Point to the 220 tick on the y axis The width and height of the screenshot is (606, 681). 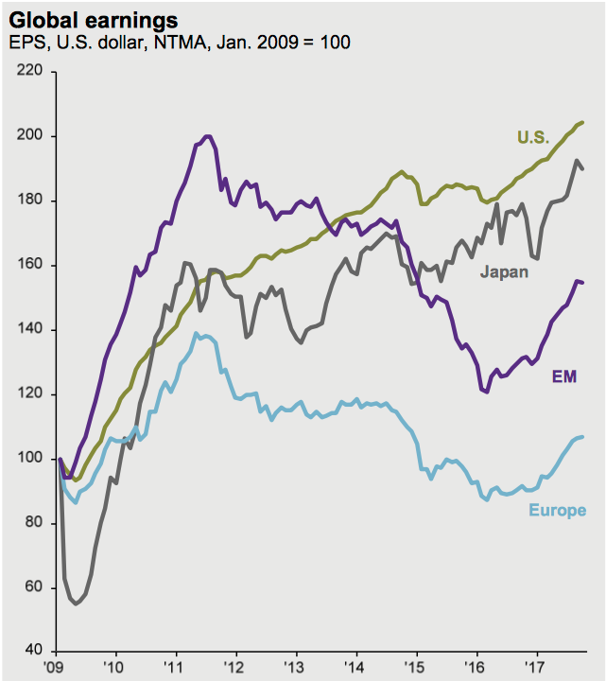tap(31, 72)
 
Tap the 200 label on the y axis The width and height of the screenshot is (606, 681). tap(31, 136)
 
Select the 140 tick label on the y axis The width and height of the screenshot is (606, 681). tap(31, 329)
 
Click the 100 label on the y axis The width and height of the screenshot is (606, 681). tap(31, 459)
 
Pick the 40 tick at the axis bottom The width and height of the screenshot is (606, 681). tap(35, 651)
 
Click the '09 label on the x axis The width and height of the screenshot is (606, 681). tap(56, 667)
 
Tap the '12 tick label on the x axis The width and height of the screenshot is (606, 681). tap(235, 667)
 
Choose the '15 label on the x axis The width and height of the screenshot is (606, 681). tap(416, 667)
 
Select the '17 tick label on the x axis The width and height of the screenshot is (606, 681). tap(536, 667)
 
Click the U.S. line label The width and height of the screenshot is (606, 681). tap(533, 137)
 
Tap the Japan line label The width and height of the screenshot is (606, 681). tap(504, 272)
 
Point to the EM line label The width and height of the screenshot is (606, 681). tap(564, 376)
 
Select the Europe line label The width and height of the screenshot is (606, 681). tap(557, 511)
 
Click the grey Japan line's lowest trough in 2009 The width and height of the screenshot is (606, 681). tap(76, 602)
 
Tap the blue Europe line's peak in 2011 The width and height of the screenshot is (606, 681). tap(196, 333)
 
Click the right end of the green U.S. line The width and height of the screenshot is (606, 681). tap(582, 122)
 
